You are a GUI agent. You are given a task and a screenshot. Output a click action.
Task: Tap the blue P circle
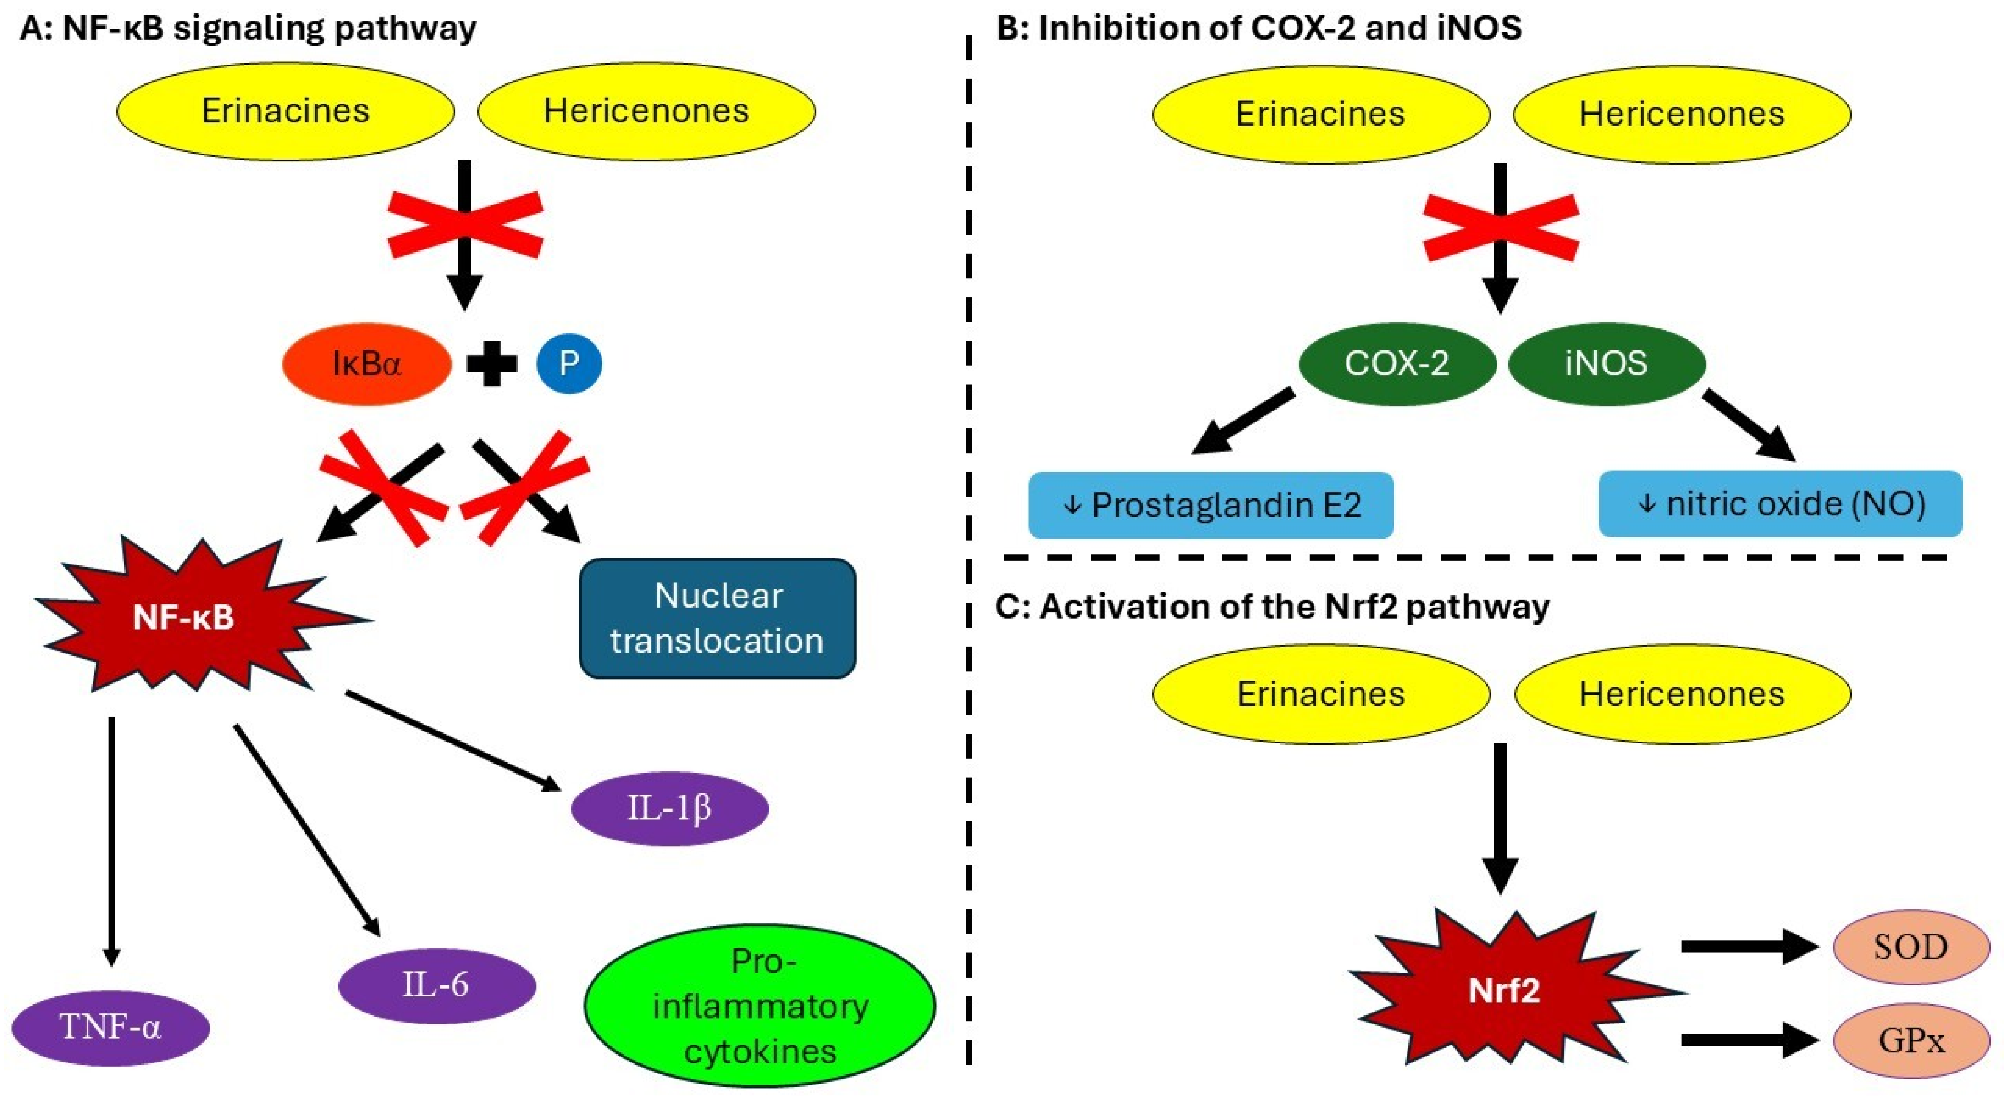coord(569,363)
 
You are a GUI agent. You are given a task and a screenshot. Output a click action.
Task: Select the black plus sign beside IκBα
coord(491,363)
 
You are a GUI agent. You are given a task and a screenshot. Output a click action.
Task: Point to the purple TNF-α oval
coord(110,1028)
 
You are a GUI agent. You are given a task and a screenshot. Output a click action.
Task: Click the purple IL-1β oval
coord(669,808)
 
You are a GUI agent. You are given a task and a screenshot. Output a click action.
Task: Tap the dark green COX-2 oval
coord(1397,363)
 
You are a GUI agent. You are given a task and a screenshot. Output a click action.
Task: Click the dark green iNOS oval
coord(1607,363)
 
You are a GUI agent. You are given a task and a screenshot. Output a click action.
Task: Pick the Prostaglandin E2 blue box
coord(1210,505)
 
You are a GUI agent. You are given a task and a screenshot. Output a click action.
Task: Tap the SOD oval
coord(1910,947)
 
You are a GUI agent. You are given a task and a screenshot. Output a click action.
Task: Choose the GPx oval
coord(1910,1040)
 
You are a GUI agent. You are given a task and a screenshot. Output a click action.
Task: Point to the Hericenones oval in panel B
coord(1681,114)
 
